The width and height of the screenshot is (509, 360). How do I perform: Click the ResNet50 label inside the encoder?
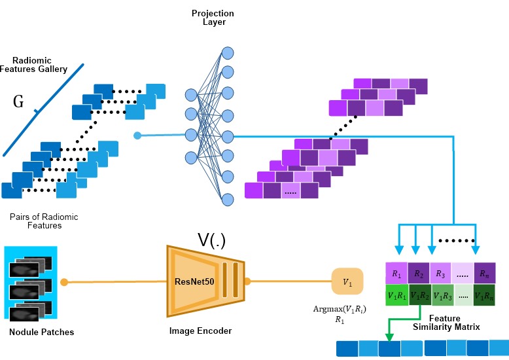click(194, 281)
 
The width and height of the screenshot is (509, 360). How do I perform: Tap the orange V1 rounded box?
click(347, 281)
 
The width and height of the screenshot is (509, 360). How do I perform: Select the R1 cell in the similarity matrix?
click(396, 273)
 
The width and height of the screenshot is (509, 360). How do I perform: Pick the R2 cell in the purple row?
click(419, 273)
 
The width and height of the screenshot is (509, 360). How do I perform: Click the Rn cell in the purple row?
click(484, 273)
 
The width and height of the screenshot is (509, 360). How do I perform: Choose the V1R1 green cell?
click(396, 295)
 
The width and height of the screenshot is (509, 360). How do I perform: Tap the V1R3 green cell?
click(442, 295)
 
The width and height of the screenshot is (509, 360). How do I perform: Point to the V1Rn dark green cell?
click(484, 295)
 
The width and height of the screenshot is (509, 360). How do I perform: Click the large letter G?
click(18, 101)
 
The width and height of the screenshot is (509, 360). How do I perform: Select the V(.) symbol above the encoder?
click(211, 241)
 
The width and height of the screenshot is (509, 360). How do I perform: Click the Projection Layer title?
click(213, 18)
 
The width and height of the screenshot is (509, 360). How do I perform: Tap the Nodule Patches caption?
click(42, 332)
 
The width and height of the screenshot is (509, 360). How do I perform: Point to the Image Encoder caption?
click(200, 331)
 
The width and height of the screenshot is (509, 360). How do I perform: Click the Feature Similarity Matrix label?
click(446, 323)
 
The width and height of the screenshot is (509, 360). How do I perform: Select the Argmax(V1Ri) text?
click(340, 310)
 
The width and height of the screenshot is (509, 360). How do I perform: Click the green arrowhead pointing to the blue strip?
click(389, 337)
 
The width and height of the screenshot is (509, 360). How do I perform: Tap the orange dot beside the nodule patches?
click(64, 282)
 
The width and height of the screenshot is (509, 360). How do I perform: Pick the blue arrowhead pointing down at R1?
click(399, 250)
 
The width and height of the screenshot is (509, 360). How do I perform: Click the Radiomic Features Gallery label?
click(33, 65)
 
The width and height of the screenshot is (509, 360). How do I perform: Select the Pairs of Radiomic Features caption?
click(44, 221)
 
